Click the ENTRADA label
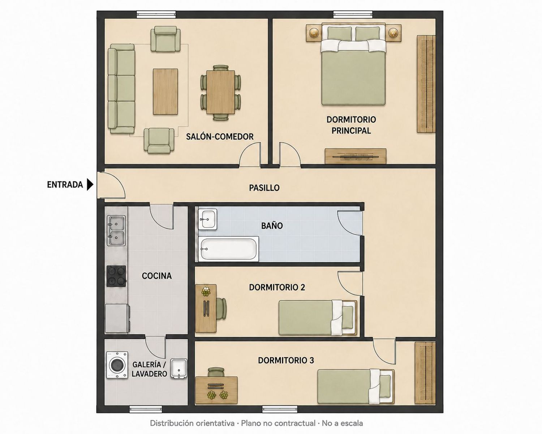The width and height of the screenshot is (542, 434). [x=65, y=185]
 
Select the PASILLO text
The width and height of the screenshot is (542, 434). [x=264, y=188]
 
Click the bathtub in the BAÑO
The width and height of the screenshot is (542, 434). [x=228, y=249]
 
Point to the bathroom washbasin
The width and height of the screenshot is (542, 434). [x=207, y=219]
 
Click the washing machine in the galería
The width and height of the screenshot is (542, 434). [x=117, y=365]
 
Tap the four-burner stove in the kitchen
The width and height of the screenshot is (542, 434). [x=116, y=276]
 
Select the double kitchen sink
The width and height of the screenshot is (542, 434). [x=116, y=230]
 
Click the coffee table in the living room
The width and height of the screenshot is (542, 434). [x=165, y=92]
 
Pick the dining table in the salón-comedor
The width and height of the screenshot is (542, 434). [x=221, y=92]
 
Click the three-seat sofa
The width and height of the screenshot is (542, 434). [x=121, y=89]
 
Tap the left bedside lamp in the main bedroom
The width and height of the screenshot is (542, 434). [x=314, y=33]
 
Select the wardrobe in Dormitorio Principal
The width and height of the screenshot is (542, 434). [x=426, y=84]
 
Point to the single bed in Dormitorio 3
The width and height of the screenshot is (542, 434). [x=356, y=387]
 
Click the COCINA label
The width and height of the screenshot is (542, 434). [x=157, y=276]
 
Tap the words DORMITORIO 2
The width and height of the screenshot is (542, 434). [x=277, y=287]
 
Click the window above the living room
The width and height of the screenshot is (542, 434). [x=156, y=14]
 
